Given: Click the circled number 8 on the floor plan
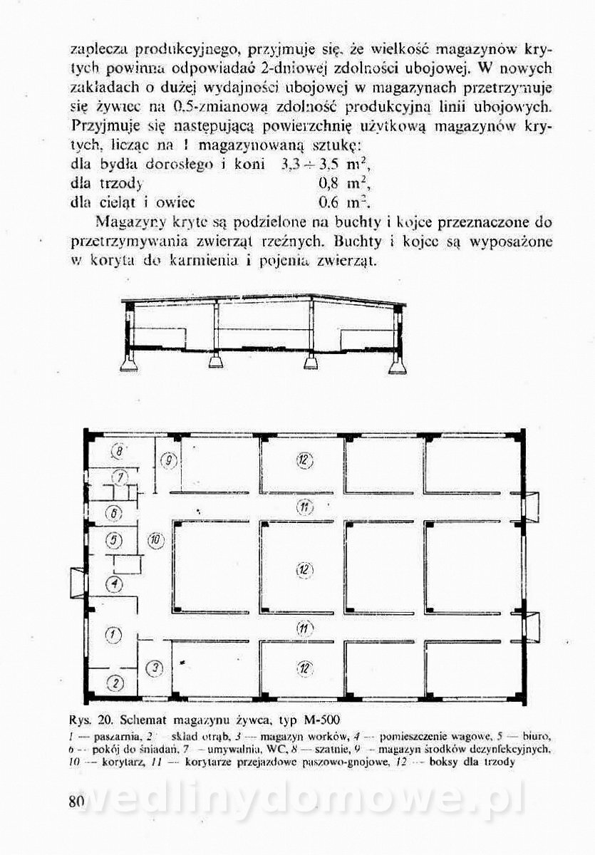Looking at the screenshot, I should (120, 450).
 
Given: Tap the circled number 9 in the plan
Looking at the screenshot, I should (168, 461).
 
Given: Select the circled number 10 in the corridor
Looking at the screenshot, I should (157, 540).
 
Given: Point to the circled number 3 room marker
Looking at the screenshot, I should (157, 668).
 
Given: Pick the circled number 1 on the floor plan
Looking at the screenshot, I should (114, 633).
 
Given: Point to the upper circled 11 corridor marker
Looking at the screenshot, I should (304, 507).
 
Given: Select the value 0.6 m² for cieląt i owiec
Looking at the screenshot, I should (337, 202).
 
